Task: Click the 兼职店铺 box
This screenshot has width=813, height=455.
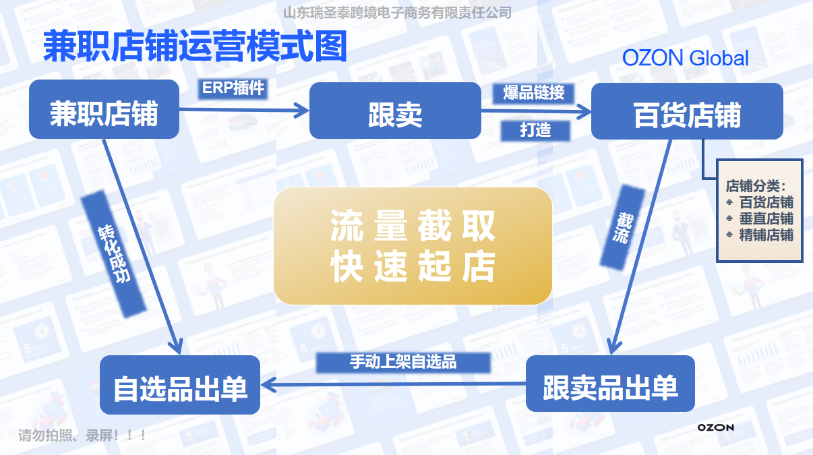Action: pyautogui.click(x=104, y=109)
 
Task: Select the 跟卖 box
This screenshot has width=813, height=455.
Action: pyautogui.click(x=395, y=111)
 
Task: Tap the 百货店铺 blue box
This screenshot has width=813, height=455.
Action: pyautogui.click(x=687, y=111)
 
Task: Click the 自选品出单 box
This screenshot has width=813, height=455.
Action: pyautogui.click(x=180, y=385)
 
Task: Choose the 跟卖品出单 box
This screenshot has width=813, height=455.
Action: pyautogui.click(x=611, y=384)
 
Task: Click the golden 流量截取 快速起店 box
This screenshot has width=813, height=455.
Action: pyautogui.click(x=413, y=246)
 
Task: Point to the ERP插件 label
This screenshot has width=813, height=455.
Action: pyautogui.click(x=233, y=88)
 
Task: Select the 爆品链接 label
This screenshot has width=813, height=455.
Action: pyautogui.click(x=533, y=93)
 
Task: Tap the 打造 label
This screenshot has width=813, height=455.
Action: pyautogui.click(x=535, y=130)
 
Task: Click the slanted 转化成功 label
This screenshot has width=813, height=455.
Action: pyautogui.click(x=114, y=254)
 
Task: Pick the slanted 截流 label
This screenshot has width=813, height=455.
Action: pyautogui.click(x=623, y=228)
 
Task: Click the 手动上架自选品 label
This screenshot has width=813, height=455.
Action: pyautogui.click(x=403, y=363)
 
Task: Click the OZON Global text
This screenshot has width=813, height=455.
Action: pyautogui.click(x=685, y=58)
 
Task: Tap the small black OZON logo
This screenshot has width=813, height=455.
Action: pyautogui.click(x=716, y=427)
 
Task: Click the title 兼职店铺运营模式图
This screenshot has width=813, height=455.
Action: pyautogui.click(x=195, y=46)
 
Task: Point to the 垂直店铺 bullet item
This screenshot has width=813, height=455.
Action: pyautogui.click(x=760, y=219)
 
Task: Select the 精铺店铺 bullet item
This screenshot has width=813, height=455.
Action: pyautogui.click(x=760, y=235)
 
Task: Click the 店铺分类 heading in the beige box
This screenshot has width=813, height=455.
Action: pyautogui.click(x=756, y=186)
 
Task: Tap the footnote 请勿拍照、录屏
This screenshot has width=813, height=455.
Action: pyautogui.click(x=82, y=435)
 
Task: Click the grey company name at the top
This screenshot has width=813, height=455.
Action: pyautogui.click(x=398, y=13)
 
